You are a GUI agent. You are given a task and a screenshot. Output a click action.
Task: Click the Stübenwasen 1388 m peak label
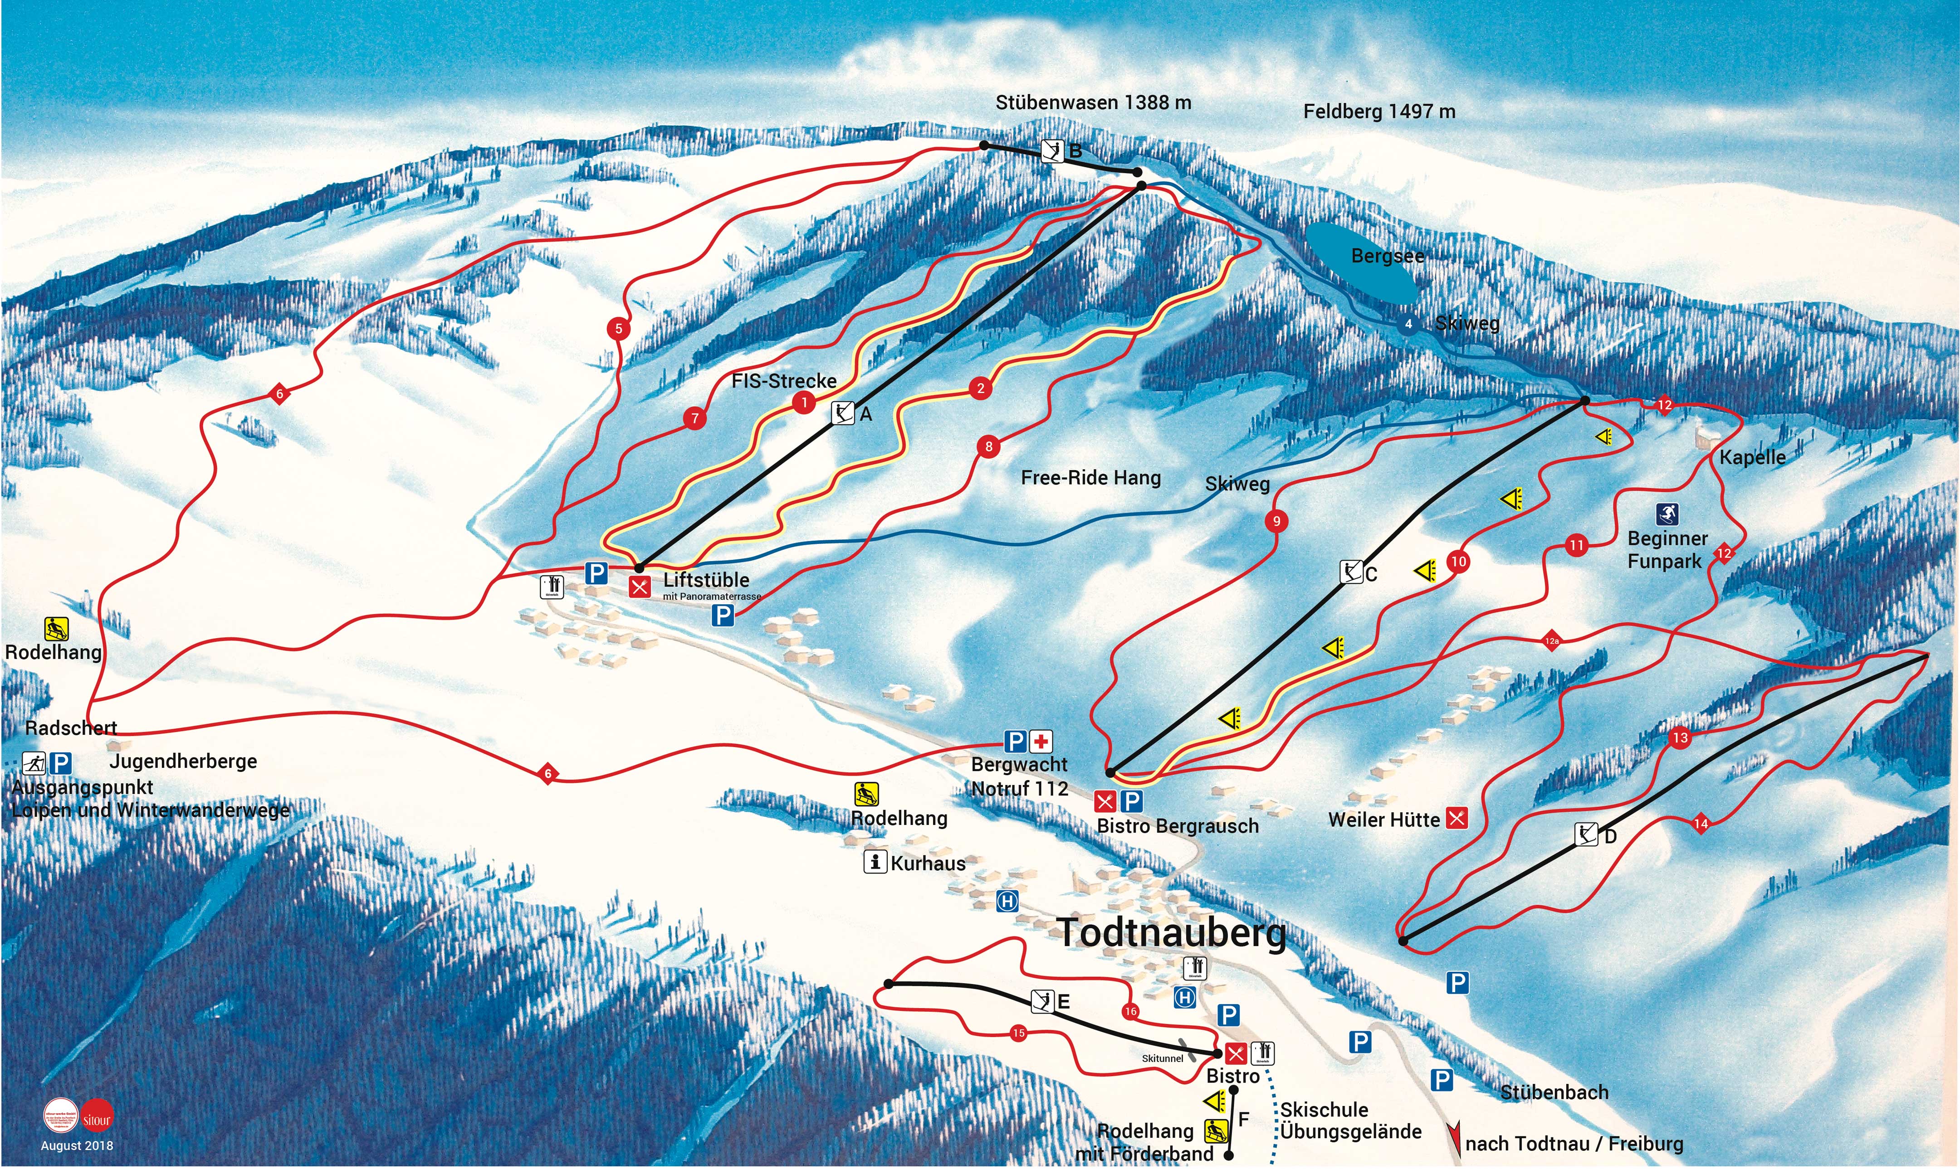coord(1093,102)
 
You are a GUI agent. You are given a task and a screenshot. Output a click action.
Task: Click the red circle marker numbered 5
coord(619,329)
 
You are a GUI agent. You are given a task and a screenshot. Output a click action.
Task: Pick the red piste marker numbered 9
coord(1277,521)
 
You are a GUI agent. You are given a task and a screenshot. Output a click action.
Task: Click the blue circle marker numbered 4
coord(1408,324)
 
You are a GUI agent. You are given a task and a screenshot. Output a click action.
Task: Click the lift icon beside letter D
coord(1586,834)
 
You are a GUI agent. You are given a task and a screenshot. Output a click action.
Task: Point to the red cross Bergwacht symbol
coord(1041,741)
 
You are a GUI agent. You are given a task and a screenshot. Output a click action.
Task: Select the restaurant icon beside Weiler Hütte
coord(1457,819)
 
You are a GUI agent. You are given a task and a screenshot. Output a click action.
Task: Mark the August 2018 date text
coord(77,1145)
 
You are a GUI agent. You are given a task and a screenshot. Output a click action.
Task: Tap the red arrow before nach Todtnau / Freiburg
coord(1454,1137)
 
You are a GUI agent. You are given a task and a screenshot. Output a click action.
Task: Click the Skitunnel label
coord(1163,1058)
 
